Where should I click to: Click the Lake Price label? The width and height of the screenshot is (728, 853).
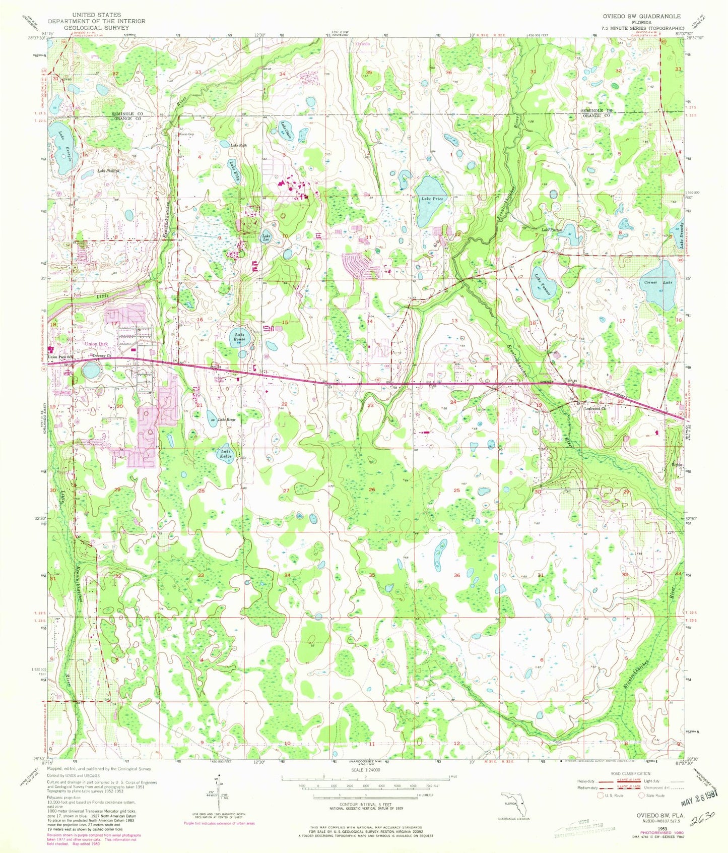[x=432, y=199]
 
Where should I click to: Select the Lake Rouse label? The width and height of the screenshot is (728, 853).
[x=239, y=337]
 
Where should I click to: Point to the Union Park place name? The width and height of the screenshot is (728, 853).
[x=96, y=344]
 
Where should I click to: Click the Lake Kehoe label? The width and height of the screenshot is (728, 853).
[x=225, y=453]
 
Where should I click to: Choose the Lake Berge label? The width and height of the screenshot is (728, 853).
[x=227, y=419]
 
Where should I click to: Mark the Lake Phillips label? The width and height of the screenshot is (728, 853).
[x=108, y=171]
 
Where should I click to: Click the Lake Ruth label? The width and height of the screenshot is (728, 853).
[x=238, y=145]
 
